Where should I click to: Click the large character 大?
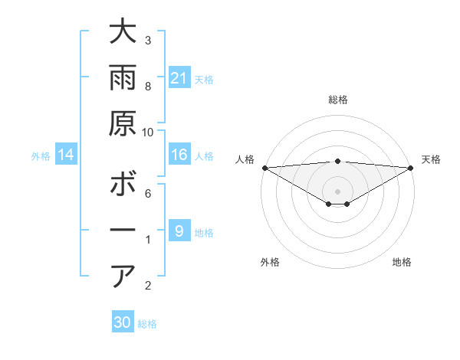click(123, 33)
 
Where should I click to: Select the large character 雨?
click(123, 79)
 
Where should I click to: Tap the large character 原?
click(123, 124)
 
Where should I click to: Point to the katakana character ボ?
click(123, 185)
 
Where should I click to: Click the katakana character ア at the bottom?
click(123, 276)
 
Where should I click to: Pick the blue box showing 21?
click(179, 78)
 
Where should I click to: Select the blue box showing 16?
click(179, 155)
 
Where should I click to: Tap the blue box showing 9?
click(179, 231)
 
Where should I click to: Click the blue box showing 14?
click(66, 155)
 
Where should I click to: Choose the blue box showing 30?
click(123, 322)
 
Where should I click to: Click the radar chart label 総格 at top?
click(337, 100)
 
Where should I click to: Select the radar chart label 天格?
click(431, 159)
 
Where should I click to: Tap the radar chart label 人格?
click(245, 159)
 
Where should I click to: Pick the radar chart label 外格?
click(270, 262)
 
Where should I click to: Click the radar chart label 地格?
click(402, 262)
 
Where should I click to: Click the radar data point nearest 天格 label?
click(411, 167)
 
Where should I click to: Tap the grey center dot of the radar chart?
click(337, 190)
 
